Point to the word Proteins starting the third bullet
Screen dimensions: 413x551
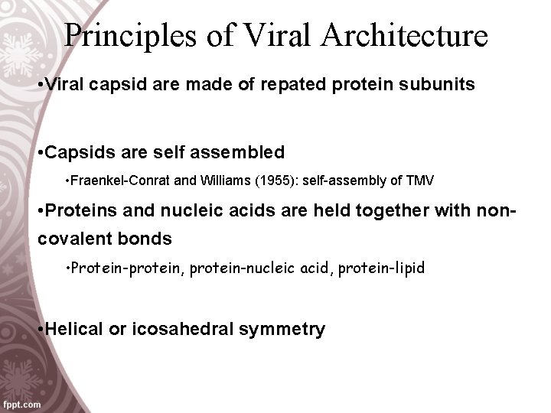(x=81, y=211)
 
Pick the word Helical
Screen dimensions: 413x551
(x=73, y=330)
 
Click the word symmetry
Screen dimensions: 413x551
(x=282, y=330)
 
